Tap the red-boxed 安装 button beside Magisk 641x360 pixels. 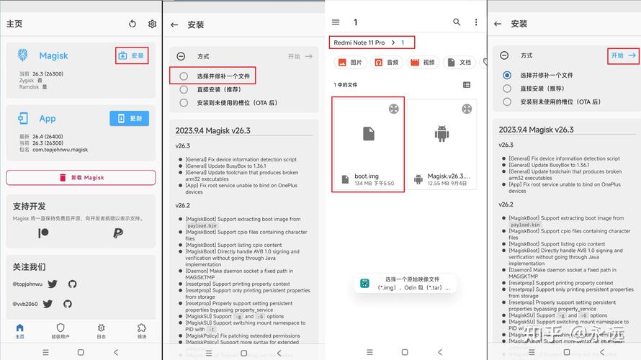coord(132,55)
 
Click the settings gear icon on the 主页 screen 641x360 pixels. coord(153,24)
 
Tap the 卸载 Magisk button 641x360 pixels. coord(81,177)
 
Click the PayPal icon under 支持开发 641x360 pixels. coord(118,233)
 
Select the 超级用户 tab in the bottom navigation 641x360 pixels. coord(60,330)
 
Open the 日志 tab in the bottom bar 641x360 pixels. coord(101,330)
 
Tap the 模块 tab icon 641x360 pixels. coord(142,330)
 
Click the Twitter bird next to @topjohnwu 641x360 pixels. coord(53,284)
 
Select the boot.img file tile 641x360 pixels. coord(368,144)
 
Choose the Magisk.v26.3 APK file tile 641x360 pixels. coord(441,144)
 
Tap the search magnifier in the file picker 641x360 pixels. coord(457,23)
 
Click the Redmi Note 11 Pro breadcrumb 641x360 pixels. coord(359,42)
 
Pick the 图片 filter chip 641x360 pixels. coord(350,63)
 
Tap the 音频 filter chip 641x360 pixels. coord(386,63)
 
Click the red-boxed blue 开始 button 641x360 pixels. coord(624,55)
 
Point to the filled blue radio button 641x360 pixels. coord(508,75)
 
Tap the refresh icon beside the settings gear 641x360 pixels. coord(133,24)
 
